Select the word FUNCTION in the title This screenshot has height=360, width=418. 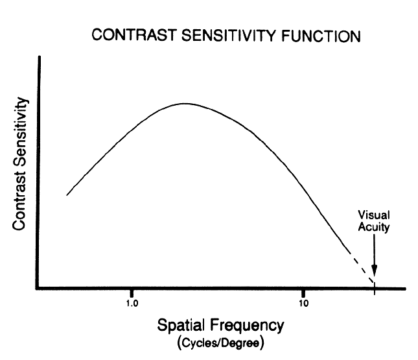(x=320, y=36)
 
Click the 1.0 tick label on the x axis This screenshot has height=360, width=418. (x=132, y=302)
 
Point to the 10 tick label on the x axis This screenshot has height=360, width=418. (x=303, y=302)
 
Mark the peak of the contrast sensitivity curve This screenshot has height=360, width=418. (x=185, y=103)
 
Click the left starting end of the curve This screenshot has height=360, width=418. (x=67, y=195)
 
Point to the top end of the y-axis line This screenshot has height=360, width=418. (x=40, y=58)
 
